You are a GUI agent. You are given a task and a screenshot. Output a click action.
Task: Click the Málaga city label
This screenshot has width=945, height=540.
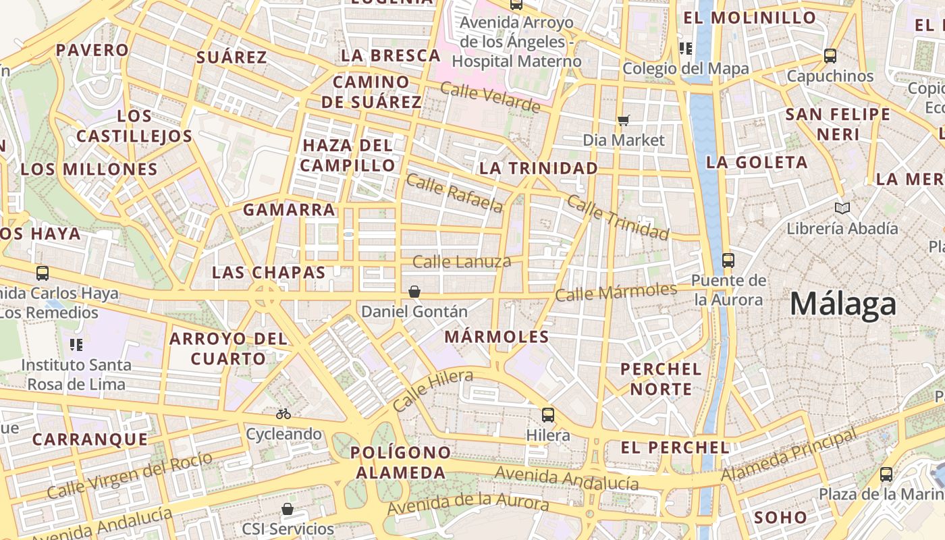click(843, 304)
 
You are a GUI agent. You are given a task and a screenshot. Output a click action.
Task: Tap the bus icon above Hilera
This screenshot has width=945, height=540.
click(548, 414)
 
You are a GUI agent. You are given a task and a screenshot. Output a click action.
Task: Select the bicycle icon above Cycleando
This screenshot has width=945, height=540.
click(283, 413)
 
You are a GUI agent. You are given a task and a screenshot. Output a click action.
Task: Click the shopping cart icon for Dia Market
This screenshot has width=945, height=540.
click(624, 120)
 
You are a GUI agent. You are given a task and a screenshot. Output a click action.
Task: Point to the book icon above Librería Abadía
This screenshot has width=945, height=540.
click(842, 208)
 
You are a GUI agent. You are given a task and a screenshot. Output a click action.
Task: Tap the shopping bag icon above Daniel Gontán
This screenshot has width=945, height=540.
click(414, 292)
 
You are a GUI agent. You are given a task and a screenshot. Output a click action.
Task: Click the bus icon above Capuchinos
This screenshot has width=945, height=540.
click(830, 56)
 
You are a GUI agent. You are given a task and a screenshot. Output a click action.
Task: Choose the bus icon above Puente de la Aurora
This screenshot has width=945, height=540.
click(728, 260)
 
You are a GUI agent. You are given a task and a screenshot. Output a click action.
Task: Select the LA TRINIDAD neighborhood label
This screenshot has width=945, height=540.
click(539, 168)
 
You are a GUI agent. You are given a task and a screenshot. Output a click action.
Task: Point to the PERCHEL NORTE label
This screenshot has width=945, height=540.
click(661, 379)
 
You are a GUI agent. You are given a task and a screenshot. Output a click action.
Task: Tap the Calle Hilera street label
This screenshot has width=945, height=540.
click(432, 391)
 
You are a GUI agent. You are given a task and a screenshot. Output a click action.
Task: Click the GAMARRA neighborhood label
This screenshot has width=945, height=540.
click(289, 210)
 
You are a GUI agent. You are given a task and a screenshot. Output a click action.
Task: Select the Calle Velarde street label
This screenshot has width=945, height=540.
click(490, 97)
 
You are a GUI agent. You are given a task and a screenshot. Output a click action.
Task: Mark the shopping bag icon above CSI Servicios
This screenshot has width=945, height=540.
click(288, 508)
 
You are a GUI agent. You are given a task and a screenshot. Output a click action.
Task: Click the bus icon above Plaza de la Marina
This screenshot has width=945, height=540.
click(886, 475)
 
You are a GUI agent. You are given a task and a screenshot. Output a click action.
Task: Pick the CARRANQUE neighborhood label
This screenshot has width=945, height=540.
click(90, 439)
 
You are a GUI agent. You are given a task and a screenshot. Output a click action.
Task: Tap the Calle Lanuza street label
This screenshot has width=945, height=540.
click(462, 261)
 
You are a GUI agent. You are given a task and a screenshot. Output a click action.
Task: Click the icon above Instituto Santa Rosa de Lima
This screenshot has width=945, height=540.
click(76, 345)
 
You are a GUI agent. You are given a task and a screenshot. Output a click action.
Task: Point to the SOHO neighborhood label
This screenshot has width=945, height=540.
click(781, 518)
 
